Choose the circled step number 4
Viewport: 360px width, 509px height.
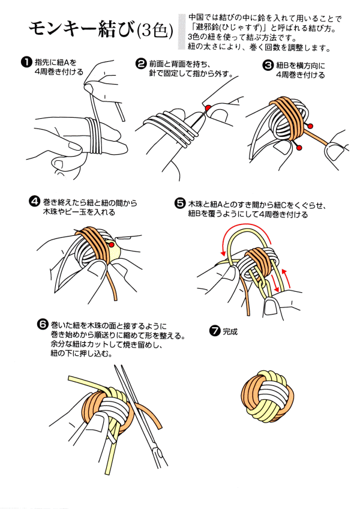tap(34, 202)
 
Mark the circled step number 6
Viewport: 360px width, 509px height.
tap(42, 324)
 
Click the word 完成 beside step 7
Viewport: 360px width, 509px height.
tap(230, 331)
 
